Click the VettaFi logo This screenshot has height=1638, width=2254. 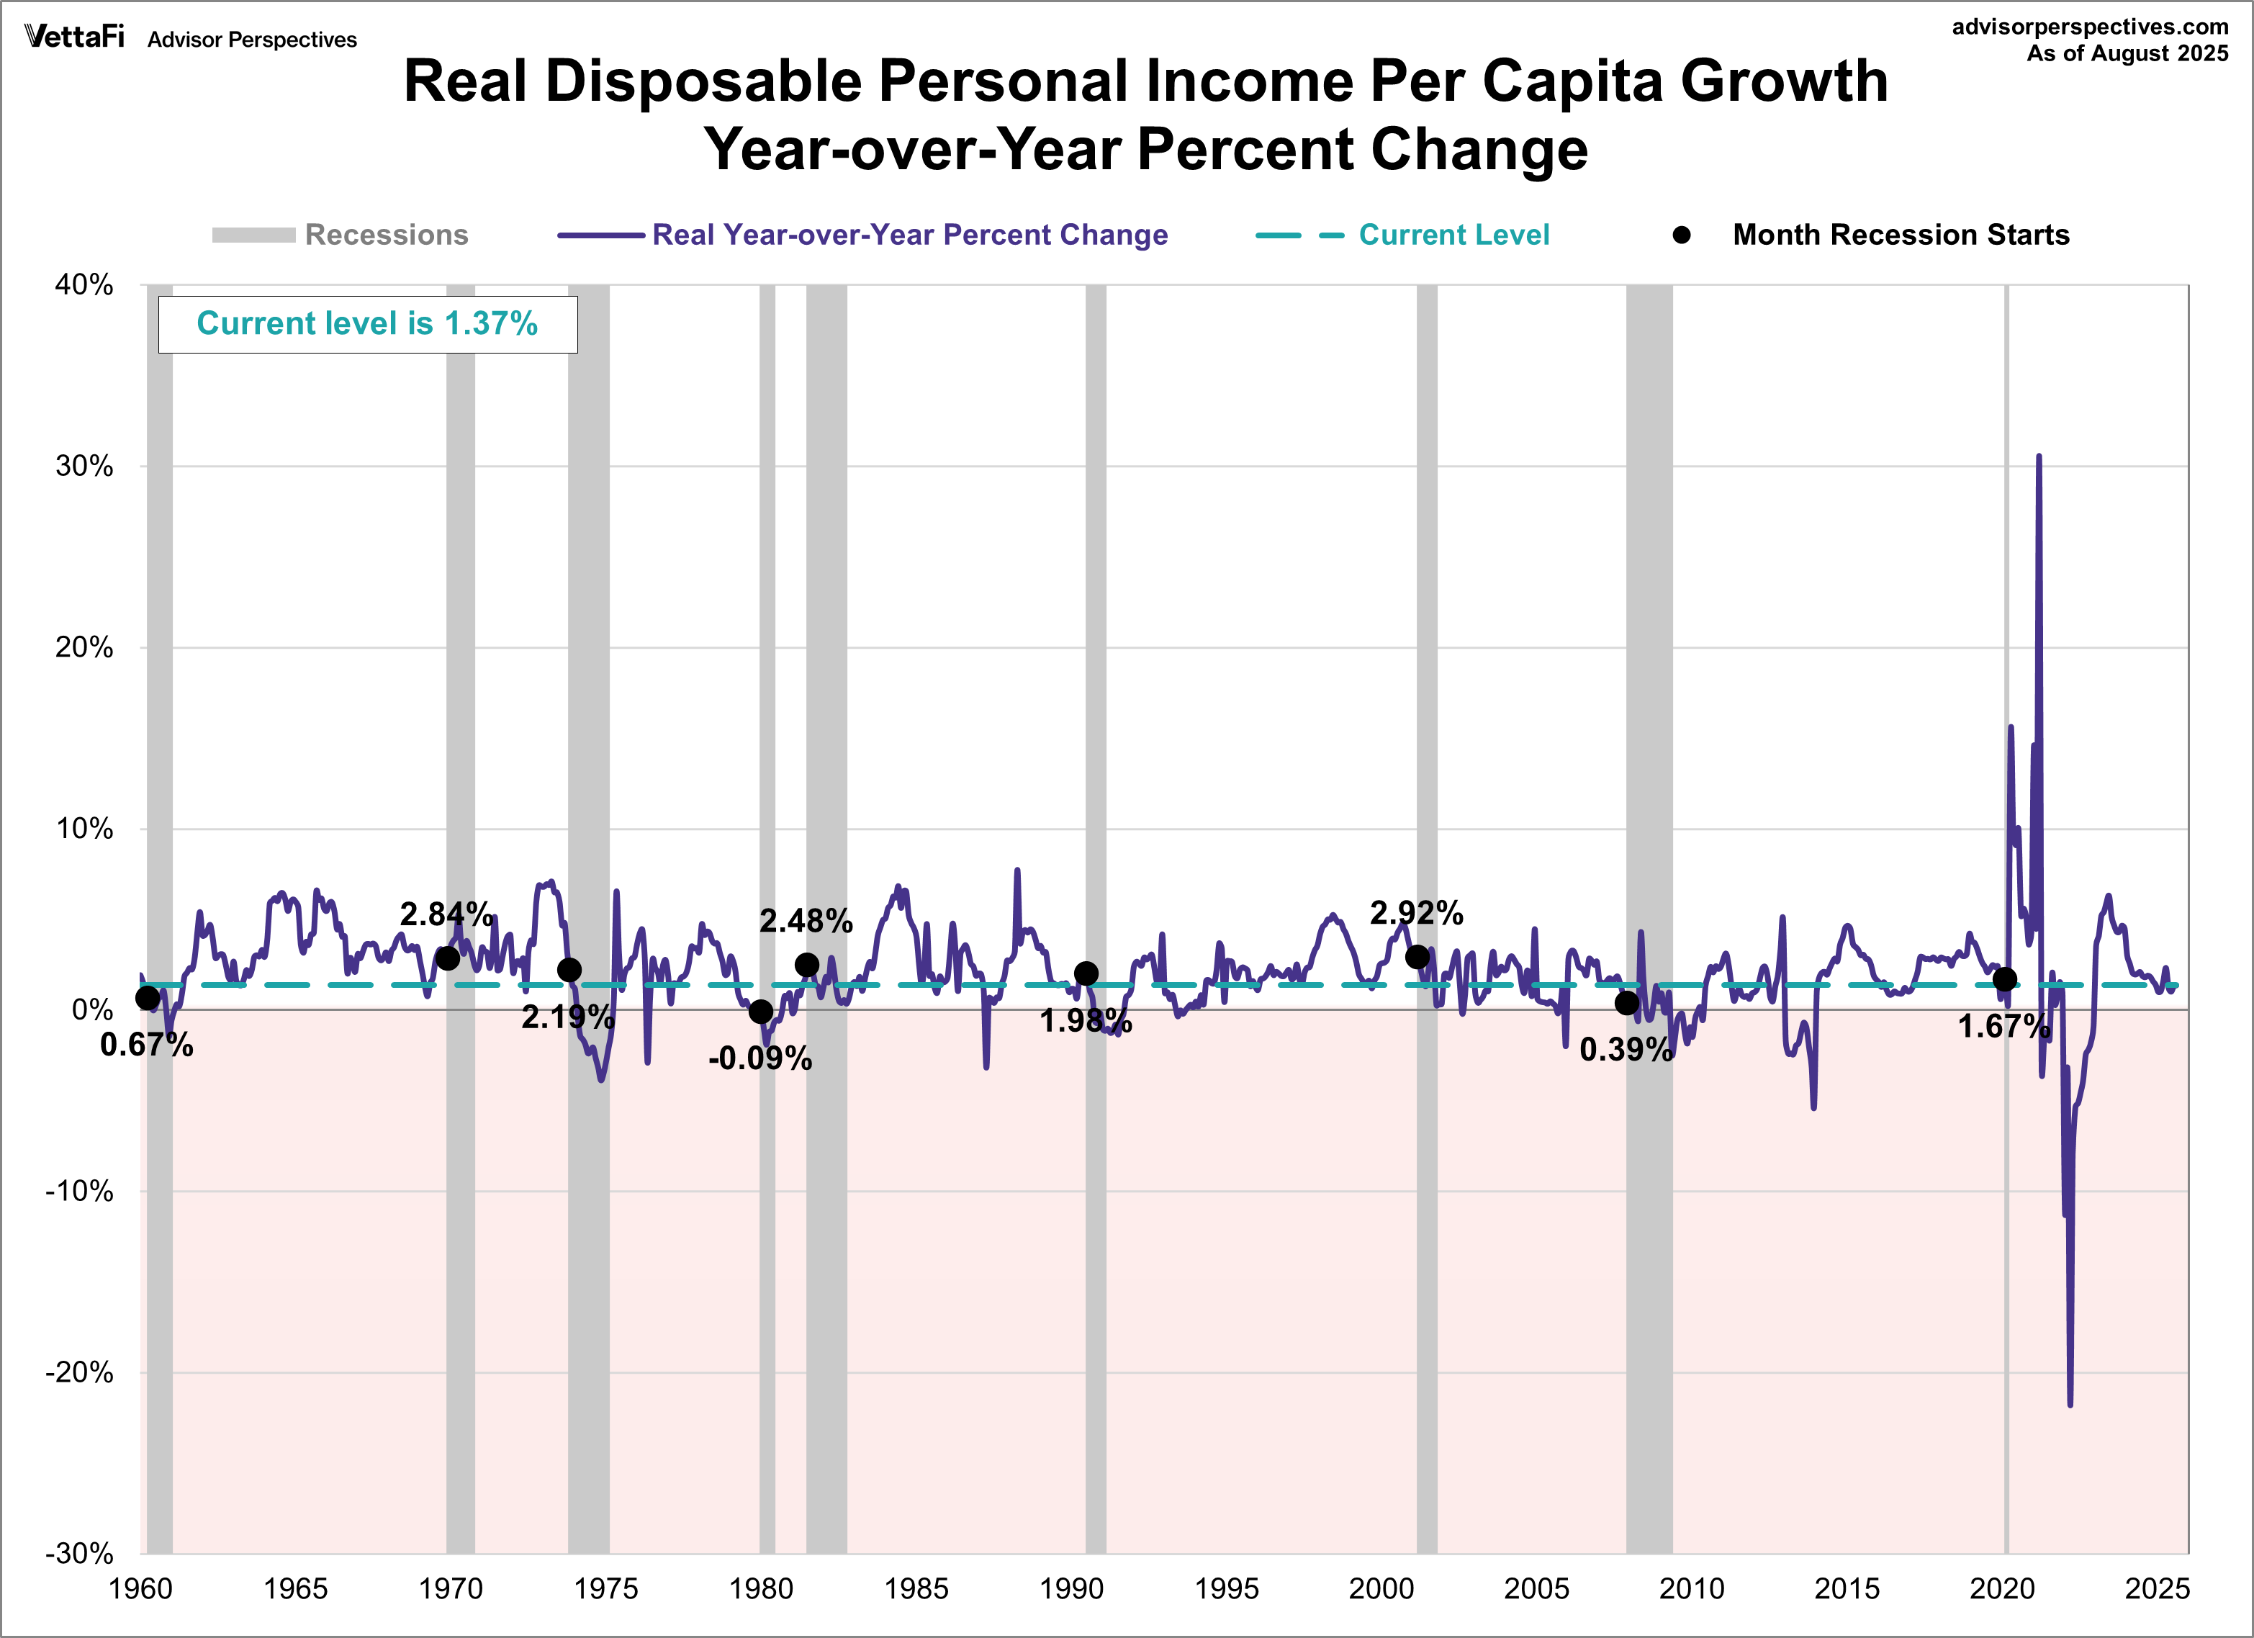point(75,37)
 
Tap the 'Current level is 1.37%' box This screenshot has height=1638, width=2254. point(368,324)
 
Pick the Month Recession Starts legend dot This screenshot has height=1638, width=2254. point(1682,235)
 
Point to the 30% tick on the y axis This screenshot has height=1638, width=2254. point(84,466)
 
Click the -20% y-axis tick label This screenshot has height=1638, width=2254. point(78,1372)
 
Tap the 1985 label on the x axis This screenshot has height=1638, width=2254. point(916,1588)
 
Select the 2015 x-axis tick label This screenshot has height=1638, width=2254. point(1847,1588)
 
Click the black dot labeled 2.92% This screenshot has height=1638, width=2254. point(1417,957)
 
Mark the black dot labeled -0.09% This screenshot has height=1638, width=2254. point(761,1012)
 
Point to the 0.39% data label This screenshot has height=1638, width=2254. point(1626,1050)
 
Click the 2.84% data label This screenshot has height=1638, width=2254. point(446,914)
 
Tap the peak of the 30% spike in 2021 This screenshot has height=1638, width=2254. point(2038,457)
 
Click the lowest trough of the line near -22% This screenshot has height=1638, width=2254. point(2070,1403)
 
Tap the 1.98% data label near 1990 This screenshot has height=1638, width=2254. point(1086,1021)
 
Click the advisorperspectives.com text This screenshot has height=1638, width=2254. point(2090,27)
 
